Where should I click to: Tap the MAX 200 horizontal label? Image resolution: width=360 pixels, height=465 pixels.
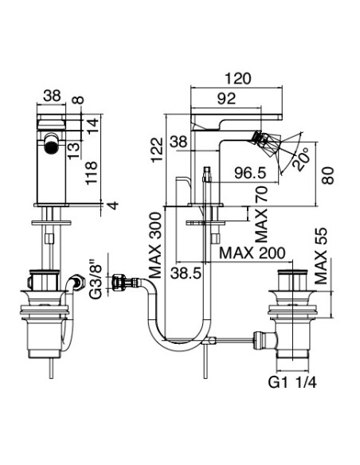(x=253, y=252)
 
